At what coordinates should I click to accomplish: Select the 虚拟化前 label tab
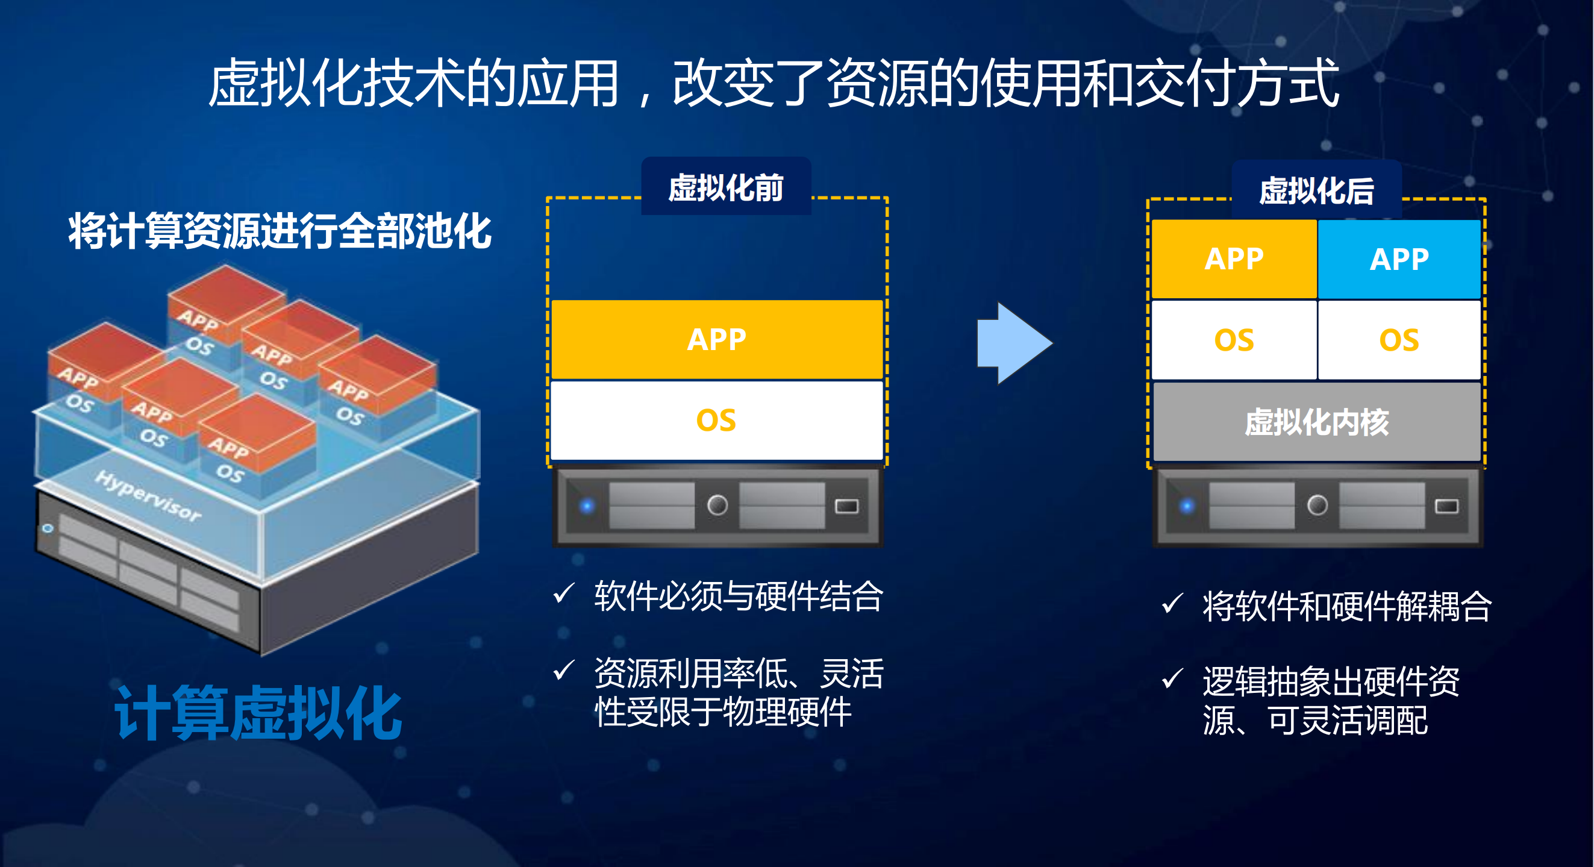point(726,187)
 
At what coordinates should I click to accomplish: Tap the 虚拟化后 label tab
point(1316,190)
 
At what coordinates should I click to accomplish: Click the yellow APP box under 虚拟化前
point(716,339)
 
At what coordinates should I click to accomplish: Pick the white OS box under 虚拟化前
point(716,420)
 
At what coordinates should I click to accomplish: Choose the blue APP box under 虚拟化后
point(1399,258)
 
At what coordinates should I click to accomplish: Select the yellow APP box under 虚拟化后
point(1234,258)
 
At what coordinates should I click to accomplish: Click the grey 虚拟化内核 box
point(1316,422)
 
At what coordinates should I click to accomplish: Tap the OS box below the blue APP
point(1399,340)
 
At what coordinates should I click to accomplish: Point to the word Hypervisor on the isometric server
point(149,495)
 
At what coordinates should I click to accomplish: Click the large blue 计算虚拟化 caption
point(258,713)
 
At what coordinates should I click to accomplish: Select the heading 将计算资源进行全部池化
point(280,231)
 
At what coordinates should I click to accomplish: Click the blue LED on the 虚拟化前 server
point(587,506)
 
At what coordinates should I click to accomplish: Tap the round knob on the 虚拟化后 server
point(1317,505)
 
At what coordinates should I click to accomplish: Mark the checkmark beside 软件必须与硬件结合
point(564,593)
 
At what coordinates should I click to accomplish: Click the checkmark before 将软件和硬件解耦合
point(1172,603)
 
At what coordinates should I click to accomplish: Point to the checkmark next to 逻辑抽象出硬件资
point(1172,678)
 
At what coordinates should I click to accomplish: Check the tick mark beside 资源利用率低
point(564,669)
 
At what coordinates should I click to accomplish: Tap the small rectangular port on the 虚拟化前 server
point(846,506)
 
